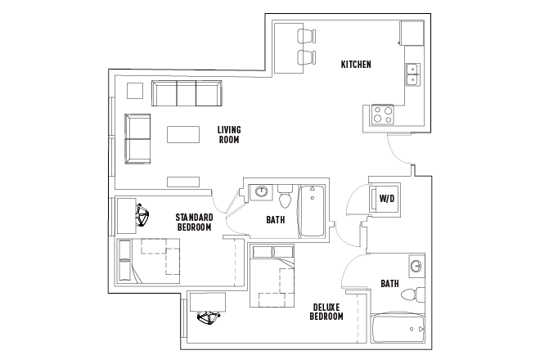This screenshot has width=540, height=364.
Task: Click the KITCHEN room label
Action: [x=356, y=64]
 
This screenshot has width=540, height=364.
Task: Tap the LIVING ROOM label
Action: [x=228, y=134]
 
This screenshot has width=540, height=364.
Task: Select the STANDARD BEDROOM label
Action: [x=194, y=222]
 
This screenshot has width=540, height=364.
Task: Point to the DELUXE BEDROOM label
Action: [x=326, y=312]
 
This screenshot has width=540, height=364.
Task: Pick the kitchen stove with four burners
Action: [x=382, y=114]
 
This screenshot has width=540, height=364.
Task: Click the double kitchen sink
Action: [x=412, y=74]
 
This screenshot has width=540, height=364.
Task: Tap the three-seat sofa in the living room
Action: [x=187, y=94]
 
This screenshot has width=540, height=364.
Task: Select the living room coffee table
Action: [x=183, y=134]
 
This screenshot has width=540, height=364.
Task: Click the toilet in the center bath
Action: [x=286, y=198]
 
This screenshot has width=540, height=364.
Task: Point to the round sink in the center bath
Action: [x=262, y=193]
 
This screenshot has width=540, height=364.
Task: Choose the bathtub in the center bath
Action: [x=312, y=210]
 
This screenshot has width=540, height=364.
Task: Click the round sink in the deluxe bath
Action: [x=416, y=267]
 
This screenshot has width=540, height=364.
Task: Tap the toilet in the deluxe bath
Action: [x=419, y=293]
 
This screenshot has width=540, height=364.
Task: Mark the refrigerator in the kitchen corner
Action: [x=412, y=33]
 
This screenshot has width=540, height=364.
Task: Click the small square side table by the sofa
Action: [x=134, y=91]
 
